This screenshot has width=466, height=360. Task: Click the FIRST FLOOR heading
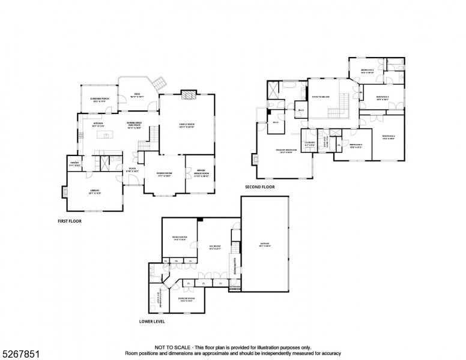click(x=69, y=221)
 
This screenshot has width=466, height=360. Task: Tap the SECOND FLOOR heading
click(x=259, y=187)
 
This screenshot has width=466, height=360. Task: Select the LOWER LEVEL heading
click(x=151, y=321)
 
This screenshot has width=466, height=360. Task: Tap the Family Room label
click(x=187, y=125)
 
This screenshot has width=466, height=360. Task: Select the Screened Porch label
click(x=99, y=100)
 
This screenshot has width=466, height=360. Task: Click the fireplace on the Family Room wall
click(x=188, y=94)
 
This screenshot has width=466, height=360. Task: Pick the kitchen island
click(x=106, y=136)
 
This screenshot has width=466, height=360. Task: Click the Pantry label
click(x=75, y=164)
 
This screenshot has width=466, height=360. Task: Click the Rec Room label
click(x=216, y=247)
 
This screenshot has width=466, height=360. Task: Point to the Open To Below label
click(x=319, y=97)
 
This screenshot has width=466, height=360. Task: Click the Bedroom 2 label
click(x=368, y=71)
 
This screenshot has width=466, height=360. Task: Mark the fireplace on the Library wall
click(x=64, y=192)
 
